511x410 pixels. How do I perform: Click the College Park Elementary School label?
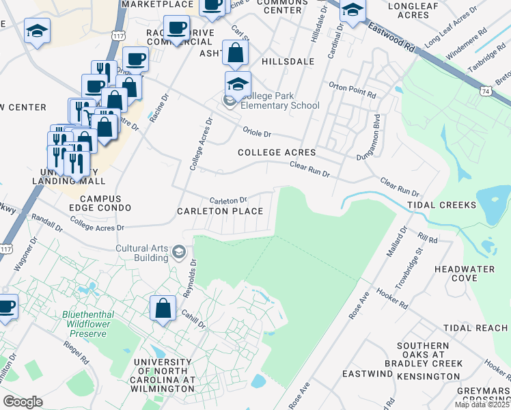click(x=280, y=100)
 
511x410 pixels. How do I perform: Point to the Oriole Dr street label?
click(x=258, y=133)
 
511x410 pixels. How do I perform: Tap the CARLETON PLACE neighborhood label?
click(x=220, y=211)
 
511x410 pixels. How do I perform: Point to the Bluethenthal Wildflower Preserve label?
click(x=84, y=324)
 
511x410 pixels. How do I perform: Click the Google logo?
click(x=23, y=402)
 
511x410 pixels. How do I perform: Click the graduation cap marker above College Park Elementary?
click(x=238, y=84)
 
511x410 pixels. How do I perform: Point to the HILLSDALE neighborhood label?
click(x=286, y=61)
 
